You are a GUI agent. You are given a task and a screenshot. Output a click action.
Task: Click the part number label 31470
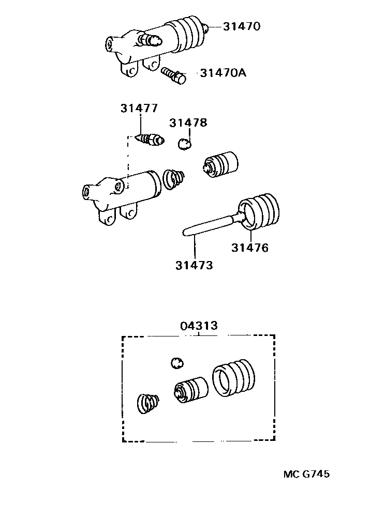(241, 26)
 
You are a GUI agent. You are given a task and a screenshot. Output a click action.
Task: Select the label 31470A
(223, 73)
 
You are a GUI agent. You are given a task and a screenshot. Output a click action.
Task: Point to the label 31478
(188, 122)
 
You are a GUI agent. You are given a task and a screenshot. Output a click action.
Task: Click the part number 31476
(249, 248)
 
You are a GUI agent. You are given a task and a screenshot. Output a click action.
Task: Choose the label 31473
(194, 265)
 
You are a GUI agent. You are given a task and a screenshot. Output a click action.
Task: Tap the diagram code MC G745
(306, 473)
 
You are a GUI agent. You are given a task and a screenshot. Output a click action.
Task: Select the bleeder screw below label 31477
(150, 139)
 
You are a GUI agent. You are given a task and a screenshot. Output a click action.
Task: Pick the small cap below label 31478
(184, 143)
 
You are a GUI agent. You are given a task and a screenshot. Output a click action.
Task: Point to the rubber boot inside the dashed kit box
(233, 379)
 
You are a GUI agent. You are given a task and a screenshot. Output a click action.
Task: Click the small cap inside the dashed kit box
(177, 362)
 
